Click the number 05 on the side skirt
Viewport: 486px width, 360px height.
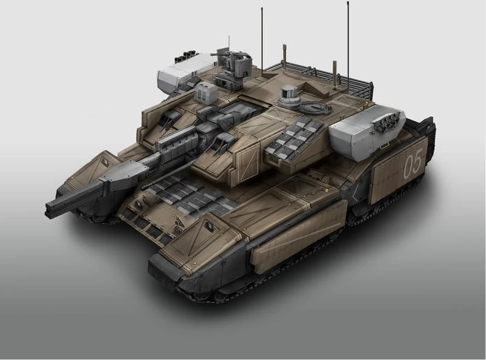(413, 166)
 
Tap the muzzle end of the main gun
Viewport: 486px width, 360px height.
(49, 209)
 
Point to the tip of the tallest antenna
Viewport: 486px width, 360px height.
(348, 2)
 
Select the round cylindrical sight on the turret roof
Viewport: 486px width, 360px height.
(290, 95)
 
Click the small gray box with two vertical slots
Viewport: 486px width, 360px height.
(205, 93)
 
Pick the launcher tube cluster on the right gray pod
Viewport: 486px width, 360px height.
(387, 119)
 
